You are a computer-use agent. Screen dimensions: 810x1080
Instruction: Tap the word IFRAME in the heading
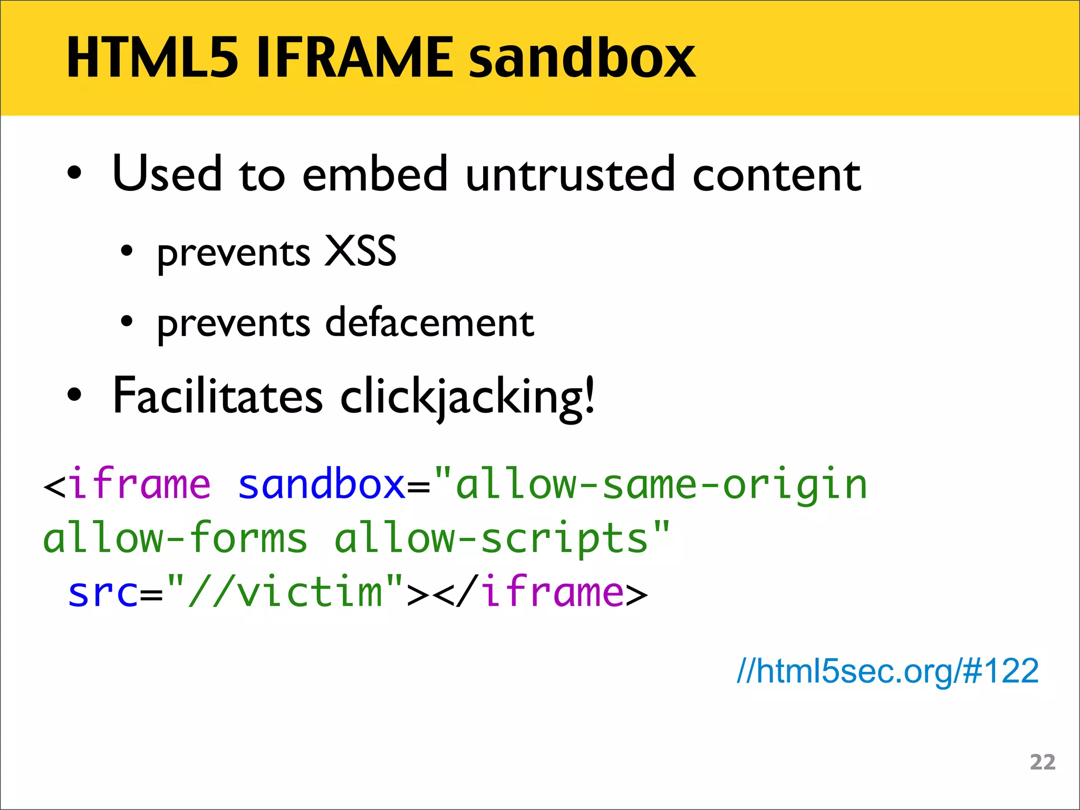point(354,58)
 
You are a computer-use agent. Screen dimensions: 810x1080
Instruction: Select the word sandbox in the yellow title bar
point(582,58)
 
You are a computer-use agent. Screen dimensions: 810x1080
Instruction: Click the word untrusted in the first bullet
point(570,174)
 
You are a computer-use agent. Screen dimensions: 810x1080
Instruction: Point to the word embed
point(375,174)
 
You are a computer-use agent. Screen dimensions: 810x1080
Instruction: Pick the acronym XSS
point(360,251)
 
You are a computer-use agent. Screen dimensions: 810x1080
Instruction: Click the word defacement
point(430,322)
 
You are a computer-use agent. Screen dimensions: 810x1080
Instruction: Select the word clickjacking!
point(468,397)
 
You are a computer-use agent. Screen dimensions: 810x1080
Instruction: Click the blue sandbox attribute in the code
point(321,484)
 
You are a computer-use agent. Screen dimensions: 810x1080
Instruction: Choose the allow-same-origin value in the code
point(661,484)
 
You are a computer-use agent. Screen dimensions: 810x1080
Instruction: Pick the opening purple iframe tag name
point(140,484)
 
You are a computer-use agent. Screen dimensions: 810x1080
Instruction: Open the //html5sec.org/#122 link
point(888,671)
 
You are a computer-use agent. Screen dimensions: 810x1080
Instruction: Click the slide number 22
point(1043,763)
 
